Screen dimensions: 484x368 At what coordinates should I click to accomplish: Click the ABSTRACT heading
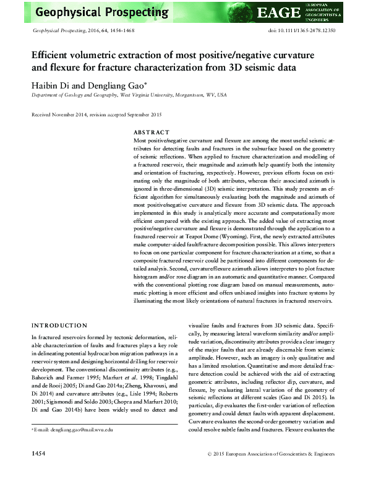[152, 132]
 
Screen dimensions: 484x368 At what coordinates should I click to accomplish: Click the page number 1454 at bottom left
[41, 472]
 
